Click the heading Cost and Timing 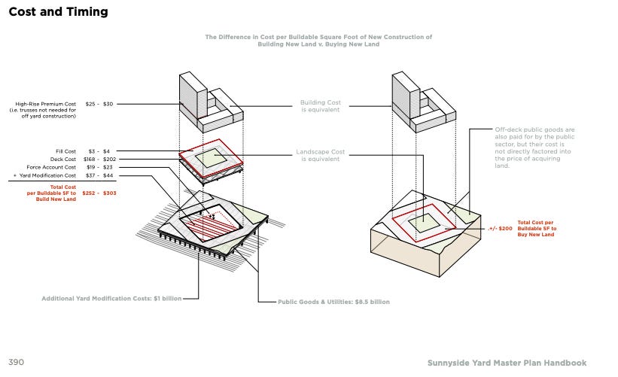click(x=58, y=12)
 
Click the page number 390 click(x=17, y=362)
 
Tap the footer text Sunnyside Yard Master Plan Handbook click(x=507, y=363)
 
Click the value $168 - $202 click(x=101, y=159)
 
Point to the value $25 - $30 click(x=99, y=104)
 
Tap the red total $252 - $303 click(x=99, y=193)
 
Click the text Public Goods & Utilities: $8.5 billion click(x=334, y=302)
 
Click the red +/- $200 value click(x=500, y=228)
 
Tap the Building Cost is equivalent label click(x=320, y=106)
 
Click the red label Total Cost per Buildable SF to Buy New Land click(x=537, y=229)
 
